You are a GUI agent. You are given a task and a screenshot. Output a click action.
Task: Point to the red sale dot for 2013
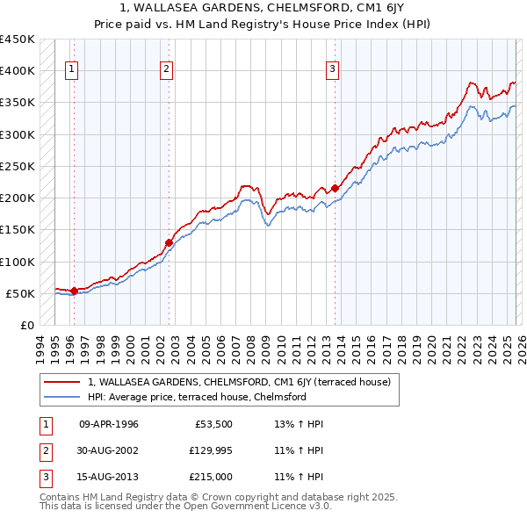click(336, 187)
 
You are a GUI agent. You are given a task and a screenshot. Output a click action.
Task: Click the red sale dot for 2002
click(170, 242)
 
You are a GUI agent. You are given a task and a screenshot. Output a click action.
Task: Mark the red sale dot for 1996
click(75, 291)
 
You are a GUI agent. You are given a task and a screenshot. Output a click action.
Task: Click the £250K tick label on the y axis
click(18, 166)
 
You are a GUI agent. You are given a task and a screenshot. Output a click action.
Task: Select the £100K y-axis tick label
click(18, 262)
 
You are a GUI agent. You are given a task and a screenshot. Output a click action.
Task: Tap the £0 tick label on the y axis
click(27, 326)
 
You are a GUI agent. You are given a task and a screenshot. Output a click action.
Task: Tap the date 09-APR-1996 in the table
click(109, 424)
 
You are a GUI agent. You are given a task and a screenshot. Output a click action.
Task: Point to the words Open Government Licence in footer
click(247, 507)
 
